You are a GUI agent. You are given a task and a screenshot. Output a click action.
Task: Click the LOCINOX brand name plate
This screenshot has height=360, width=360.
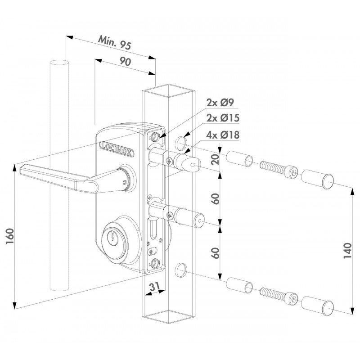click(117, 149)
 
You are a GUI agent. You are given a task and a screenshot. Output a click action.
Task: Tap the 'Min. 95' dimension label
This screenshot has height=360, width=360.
click(114, 42)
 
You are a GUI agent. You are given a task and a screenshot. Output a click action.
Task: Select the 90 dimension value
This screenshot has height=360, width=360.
click(125, 62)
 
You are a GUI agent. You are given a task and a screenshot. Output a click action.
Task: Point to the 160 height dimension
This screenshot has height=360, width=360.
click(10, 237)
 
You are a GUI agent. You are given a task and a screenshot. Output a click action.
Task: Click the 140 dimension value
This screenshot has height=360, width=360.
click(347, 250)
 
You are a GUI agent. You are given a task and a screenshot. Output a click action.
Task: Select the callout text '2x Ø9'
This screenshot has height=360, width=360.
click(220, 103)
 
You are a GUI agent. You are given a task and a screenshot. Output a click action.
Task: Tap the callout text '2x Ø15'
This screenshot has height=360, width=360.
click(223, 118)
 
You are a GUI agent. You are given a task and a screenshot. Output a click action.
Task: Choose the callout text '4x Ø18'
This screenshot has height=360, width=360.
click(223, 135)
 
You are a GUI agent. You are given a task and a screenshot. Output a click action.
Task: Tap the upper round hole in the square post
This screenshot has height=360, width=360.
click(181, 143)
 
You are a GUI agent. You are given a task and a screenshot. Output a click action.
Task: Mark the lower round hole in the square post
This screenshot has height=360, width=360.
click(181, 270)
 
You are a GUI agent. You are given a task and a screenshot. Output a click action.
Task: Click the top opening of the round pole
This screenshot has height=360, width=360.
click(59, 62)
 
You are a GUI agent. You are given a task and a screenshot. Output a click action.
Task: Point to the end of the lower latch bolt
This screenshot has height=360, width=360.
click(199, 221)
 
